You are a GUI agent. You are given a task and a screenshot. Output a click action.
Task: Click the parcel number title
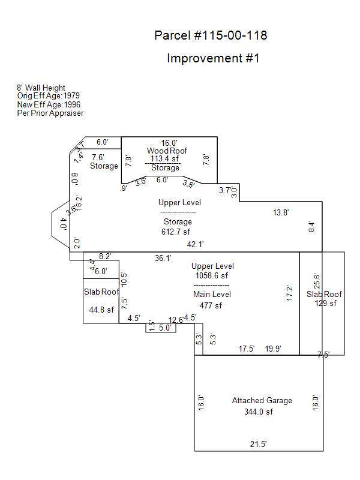(211, 36)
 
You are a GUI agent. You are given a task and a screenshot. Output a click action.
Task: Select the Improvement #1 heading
(213, 59)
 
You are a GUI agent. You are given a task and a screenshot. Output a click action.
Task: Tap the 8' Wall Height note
(41, 88)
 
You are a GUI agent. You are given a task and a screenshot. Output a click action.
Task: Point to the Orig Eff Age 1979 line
(48, 96)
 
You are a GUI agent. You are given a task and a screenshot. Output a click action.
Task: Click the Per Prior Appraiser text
(50, 113)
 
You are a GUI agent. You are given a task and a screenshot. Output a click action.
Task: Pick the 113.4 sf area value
(164, 159)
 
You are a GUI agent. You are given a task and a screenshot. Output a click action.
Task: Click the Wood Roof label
(167, 151)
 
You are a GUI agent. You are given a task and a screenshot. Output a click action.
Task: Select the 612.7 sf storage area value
(175, 232)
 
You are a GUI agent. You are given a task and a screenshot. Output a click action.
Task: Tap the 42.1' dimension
(196, 244)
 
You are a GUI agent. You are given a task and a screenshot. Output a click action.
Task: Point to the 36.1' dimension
(163, 258)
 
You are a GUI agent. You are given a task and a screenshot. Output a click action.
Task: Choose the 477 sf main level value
(211, 305)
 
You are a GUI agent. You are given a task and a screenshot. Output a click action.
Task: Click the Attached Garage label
(262, 400)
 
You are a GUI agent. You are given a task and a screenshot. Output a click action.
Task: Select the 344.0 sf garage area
(259, 412)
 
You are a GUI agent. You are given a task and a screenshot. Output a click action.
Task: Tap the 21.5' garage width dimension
(258, 444)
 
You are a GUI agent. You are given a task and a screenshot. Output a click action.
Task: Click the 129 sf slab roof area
(326, 303)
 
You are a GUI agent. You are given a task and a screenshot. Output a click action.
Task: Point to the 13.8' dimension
(281, 212)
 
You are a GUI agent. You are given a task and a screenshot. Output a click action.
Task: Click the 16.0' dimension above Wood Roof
(169, 143)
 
